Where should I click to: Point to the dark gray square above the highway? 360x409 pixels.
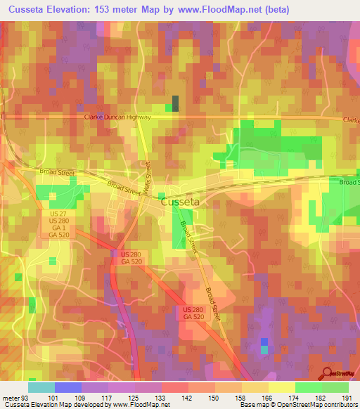tap(175, 103)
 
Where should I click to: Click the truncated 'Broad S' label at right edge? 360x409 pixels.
tap(348, 183)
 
